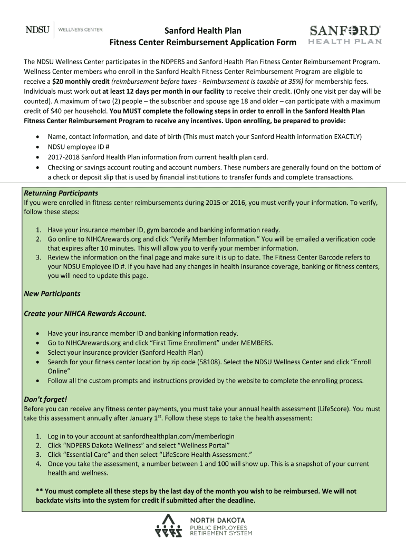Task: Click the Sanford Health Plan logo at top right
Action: tap(345, 35)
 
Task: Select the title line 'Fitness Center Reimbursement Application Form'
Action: tap(203, 42)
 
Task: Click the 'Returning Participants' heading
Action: tap(61, 193)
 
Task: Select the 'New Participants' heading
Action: tap(52, 294)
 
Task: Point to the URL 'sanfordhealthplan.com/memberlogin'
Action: tap(178, 436)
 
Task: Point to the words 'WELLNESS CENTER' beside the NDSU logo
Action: tap(80, 30)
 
